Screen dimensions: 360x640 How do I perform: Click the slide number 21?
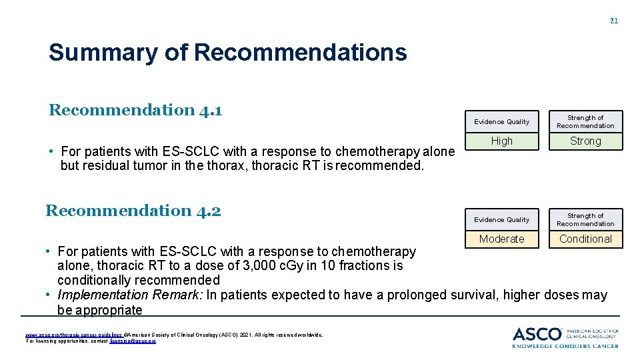(614, 21)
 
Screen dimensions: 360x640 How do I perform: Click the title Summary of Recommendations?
(227, 52)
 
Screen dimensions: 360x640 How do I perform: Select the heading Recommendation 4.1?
(135, 110)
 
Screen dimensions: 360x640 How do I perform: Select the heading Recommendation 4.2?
(133, 211)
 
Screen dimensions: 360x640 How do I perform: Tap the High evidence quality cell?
(502, 141)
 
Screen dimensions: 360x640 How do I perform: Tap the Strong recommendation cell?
(585, 141)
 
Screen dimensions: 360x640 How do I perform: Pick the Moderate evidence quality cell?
(502, 239)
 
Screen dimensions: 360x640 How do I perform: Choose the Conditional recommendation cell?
(585, 239)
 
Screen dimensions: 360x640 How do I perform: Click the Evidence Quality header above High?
(502, 122)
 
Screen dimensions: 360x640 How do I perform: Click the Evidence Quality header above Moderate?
(502, 220)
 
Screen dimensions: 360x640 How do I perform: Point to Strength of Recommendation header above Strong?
(585, 121)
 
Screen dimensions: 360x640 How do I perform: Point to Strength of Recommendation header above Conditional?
(585, 219)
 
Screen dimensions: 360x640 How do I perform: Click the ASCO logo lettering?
(537, 333)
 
